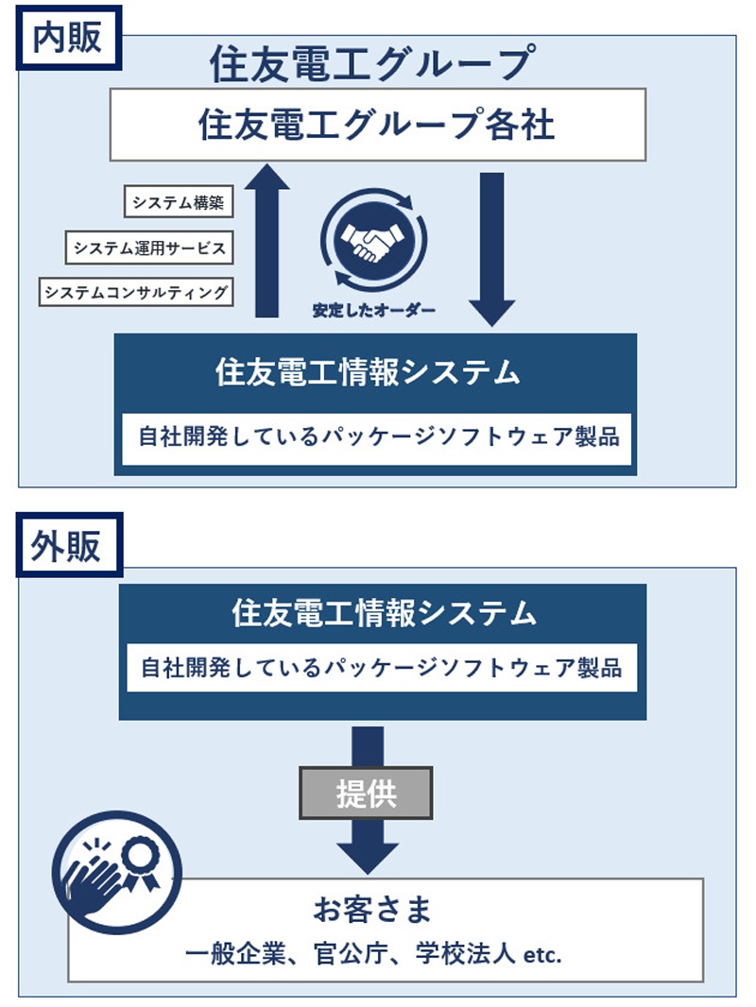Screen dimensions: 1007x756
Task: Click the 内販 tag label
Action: click(68, 37)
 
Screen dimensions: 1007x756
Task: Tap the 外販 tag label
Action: click(68, 545)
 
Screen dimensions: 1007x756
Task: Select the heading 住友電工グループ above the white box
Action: click(369, 64)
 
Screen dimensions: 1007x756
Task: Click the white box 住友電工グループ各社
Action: click(378, 125)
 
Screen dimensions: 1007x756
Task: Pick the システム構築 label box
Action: click(178, 202)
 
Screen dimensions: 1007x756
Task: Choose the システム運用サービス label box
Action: click(149, 247)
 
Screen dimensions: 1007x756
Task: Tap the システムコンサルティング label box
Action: click(136, 292)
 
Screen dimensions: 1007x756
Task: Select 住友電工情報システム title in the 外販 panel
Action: click(383, 614)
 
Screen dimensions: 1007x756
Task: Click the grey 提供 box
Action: click(366, 792)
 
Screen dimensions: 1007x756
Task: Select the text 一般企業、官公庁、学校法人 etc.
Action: click(374, 952)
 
